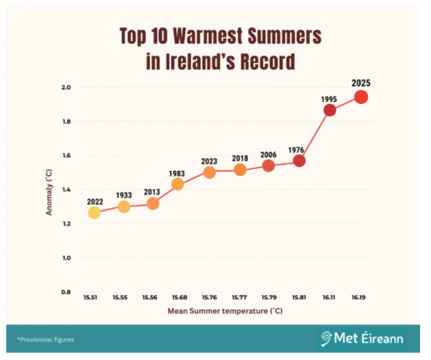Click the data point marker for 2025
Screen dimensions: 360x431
click(361, 97)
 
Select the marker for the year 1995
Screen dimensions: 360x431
click(330, 110)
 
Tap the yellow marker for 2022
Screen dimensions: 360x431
click(94, 213)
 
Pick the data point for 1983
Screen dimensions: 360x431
click(177, 184)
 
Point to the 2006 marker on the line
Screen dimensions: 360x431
click(269, 166)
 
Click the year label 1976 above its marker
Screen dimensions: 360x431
click(296, 150)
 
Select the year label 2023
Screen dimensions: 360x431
click(210, 160)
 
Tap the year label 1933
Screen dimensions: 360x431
click(124, 196)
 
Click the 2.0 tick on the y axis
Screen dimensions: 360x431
click(66, 88)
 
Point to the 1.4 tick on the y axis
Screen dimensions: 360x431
click(66, 190)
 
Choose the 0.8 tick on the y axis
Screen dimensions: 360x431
click(66, 292)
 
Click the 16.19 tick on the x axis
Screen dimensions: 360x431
click(359, 298)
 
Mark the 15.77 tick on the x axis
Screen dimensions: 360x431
click(239, 298)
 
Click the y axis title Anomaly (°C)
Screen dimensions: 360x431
click(49, 190)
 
